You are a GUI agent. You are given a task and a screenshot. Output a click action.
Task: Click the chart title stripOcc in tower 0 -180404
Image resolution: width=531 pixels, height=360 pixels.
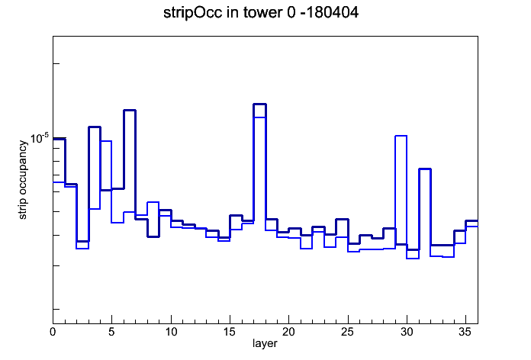pyautogui.click(x=261, y=13)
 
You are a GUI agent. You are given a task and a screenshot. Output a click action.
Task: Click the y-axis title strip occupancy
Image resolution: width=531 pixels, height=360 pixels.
pyautogui.click(x=22, y=180)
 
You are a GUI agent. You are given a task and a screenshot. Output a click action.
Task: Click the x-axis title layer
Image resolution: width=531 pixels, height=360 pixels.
pyautogui.click(x=265, y=343)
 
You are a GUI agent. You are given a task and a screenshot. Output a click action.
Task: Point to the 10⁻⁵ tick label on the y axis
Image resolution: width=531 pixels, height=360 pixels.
pyautogui.click(x=39, y=138)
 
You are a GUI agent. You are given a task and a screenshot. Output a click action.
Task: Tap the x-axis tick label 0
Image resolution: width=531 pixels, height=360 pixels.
pyautogui.click(x=53, y=332)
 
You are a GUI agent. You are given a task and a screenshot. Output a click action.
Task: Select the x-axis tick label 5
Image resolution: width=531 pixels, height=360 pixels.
pyautogui.click(x=111, y=332)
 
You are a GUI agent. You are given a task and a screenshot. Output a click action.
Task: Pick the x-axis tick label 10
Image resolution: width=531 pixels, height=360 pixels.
pyautogui.click(x=171, y=332)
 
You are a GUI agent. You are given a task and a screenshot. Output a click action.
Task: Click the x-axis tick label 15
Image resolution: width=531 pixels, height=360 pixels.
pyautogui.click(x=230, y=332)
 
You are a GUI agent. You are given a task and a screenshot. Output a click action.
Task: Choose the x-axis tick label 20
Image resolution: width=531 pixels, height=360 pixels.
pyautogui.click(x=288, y=332)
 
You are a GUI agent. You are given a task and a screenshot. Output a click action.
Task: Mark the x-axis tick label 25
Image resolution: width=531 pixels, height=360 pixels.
pyautogui.click(x=347, y=332)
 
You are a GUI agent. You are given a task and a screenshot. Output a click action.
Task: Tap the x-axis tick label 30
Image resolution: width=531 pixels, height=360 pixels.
pyautogui.click(x=407, y=332)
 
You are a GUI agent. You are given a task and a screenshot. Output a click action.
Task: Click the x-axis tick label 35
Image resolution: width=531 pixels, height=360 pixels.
pyautogui.click(x=465, y=332)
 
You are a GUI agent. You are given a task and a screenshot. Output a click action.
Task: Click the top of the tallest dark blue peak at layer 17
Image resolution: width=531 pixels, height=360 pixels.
pyautogui.click(x=259, y=104)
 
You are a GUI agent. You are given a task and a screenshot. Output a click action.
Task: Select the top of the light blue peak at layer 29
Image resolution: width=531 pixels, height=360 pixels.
pyautogui.click(x=401, y=136)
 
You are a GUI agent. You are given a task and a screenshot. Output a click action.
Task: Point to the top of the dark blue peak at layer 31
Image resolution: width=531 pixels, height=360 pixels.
pyautogui.click(x=425, y=169)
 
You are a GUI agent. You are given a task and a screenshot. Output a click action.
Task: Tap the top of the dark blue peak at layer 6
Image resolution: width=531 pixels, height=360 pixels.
pyautogui.click(x=130, y=110)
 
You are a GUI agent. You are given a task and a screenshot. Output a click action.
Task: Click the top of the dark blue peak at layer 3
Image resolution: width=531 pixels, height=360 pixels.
pyautogui.click(x=95, y=127)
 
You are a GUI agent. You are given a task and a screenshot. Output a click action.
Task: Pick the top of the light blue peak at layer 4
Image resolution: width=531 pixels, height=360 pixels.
pyautogui.click(x=106, y=141)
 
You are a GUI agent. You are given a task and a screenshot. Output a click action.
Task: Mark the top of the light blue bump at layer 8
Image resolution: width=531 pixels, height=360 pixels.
pyautogui.click(x=153, y=202)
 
